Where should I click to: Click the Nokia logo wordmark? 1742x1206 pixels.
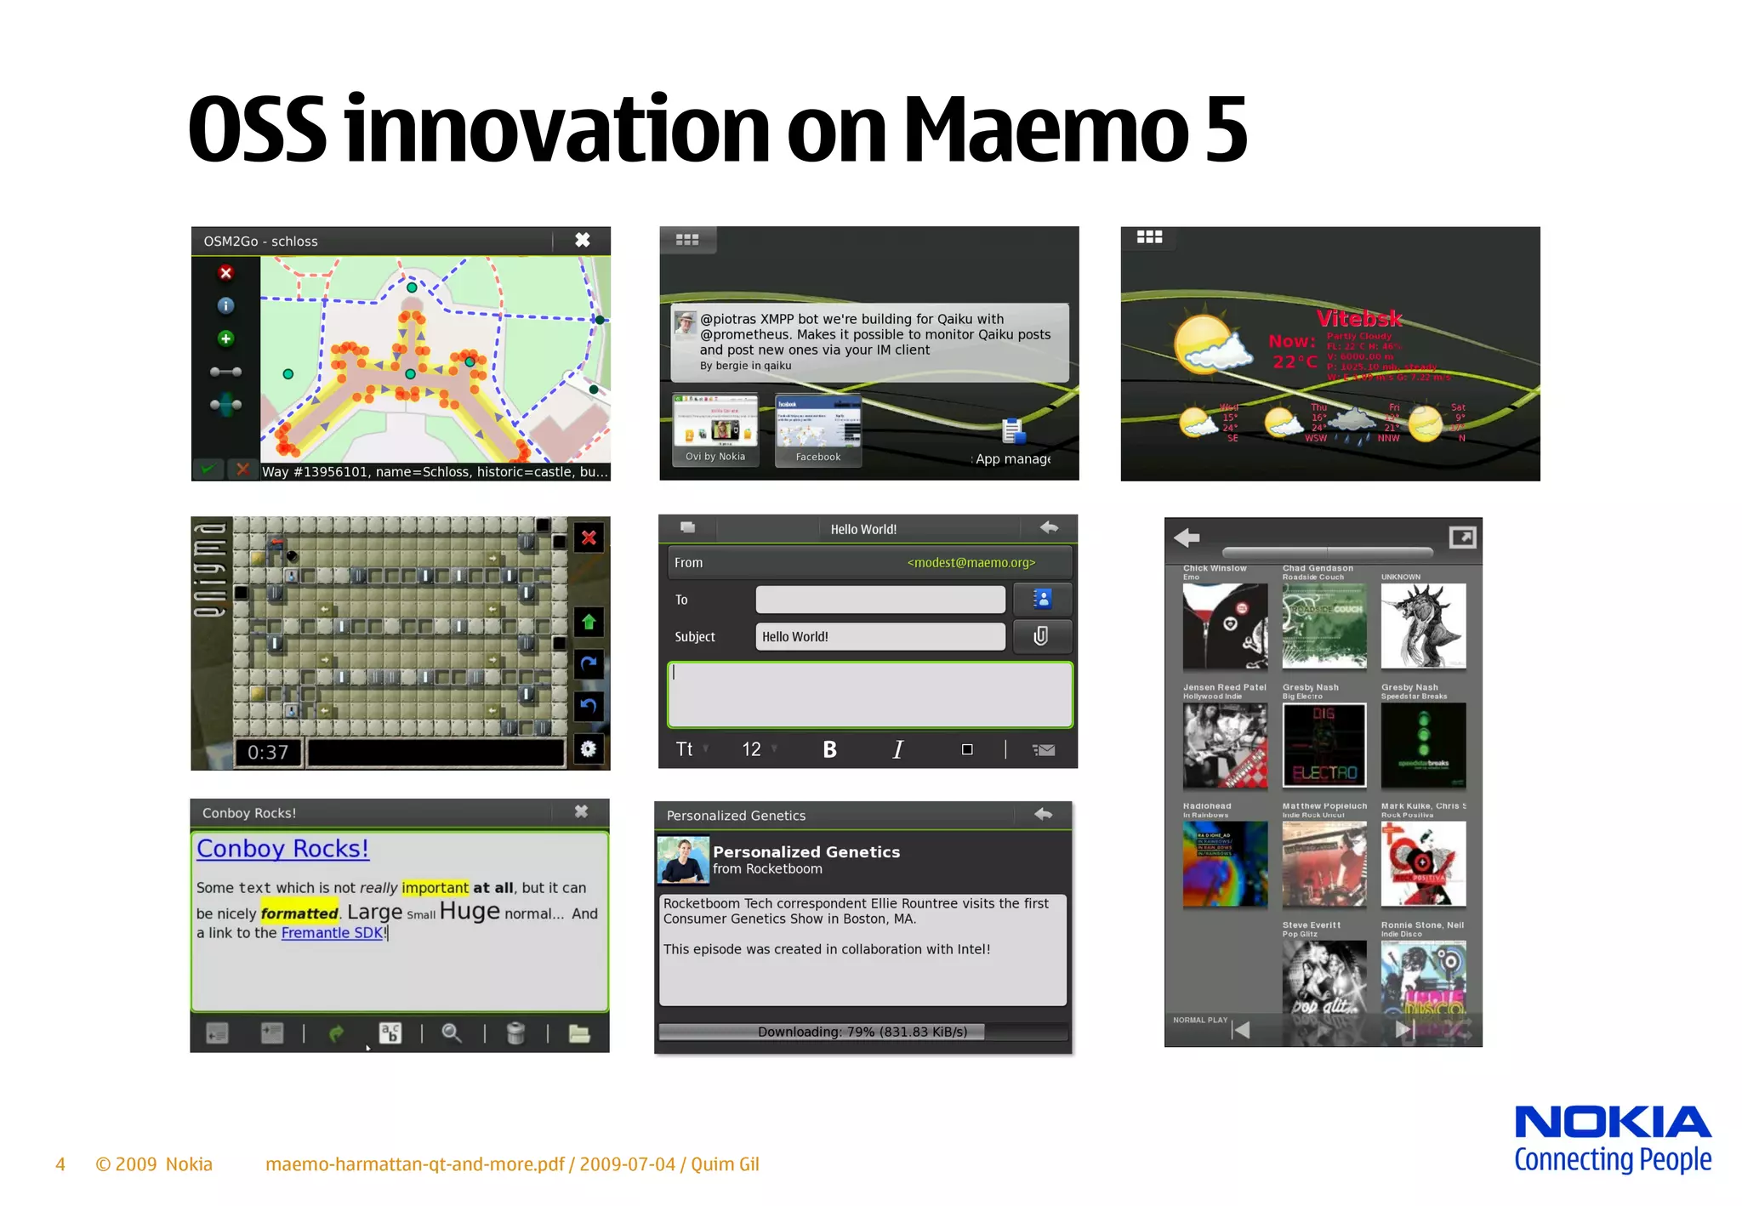[1613, 1123]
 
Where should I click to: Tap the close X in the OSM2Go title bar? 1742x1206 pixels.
[583, 240]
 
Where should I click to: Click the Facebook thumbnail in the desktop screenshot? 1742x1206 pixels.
[818, 429]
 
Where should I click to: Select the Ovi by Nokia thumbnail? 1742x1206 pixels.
[715, 429]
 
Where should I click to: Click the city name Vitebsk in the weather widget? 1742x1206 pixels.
[1359, 319]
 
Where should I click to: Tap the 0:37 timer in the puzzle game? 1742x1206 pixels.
[268, 753]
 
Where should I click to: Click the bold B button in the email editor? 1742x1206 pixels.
[829, 749]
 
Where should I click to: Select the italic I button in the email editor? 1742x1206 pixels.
[898, 749]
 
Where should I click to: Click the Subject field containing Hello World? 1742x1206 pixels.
[880, 636]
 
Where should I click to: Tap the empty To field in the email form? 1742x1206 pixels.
[880, 600]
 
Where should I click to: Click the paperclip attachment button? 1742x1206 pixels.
[1041, 636]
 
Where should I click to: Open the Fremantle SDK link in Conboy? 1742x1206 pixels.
[333, 933]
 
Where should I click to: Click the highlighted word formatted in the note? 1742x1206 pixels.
[299, 913]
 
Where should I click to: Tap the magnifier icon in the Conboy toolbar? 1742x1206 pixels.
[452, 1033]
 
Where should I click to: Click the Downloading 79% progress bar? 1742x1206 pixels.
[862, 1032]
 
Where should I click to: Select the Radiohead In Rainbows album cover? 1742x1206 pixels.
[1225, 864]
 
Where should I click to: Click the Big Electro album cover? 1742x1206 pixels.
[1324, 745]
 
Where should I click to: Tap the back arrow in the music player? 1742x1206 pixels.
[1187, 538]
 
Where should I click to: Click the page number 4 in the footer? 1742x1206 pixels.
[60, 1164]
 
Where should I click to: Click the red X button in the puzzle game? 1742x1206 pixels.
[589, 538]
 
